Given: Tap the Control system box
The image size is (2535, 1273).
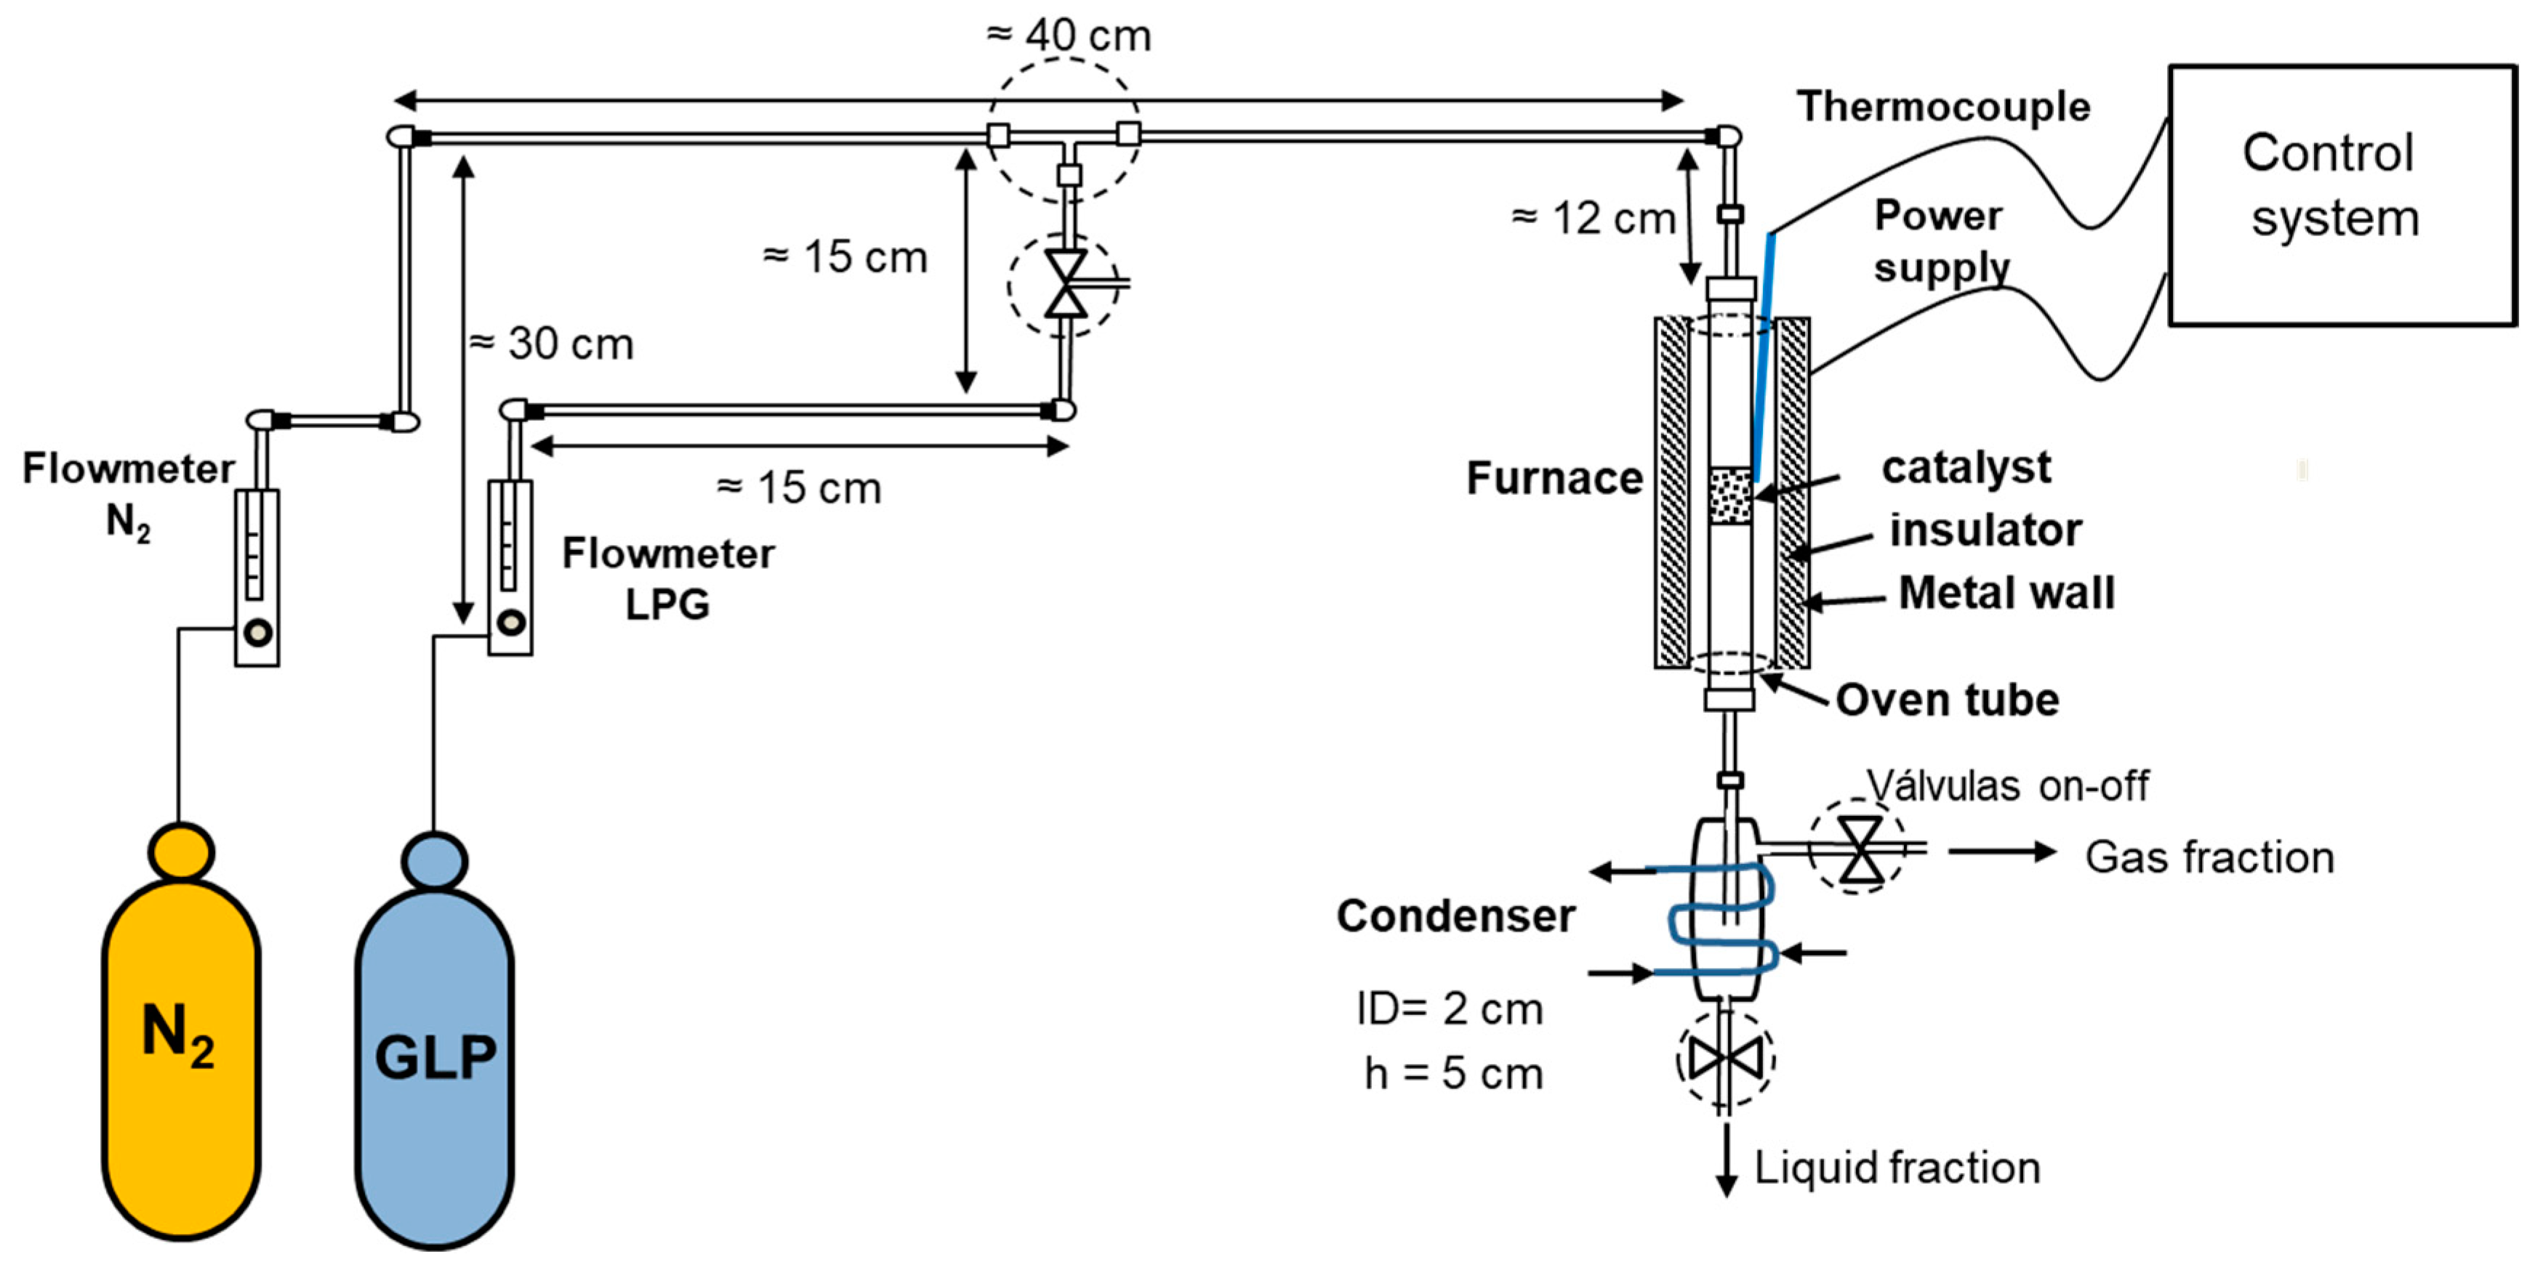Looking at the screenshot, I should point(2342,195).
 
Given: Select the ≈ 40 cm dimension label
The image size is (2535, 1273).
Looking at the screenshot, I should point(1069,36).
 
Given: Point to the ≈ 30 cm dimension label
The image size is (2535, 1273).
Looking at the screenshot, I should point(551,344).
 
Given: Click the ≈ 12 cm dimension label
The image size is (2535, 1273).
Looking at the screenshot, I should point(1594,219).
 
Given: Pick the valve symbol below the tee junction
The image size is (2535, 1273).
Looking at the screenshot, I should point(1066,283).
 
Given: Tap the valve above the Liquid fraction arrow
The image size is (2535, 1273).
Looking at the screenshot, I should point(1725,1059).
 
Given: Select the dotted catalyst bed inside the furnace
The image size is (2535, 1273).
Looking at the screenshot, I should point(1730,495).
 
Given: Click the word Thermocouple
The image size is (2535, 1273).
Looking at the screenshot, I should point(1943,106).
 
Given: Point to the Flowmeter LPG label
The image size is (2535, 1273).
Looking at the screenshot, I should point(668,578).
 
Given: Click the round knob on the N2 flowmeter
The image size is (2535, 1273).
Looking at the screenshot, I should point(258,633).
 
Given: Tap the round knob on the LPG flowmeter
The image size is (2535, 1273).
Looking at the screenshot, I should point(512,622).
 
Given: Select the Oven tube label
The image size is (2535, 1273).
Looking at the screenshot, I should point(1947,700).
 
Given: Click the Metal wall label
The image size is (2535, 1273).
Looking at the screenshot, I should point(2006,593).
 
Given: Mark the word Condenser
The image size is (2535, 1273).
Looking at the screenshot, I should point(1455,916).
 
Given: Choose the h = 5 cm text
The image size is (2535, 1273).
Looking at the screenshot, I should point(1453,1073).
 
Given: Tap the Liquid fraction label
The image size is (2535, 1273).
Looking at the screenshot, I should point(1896,1168).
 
